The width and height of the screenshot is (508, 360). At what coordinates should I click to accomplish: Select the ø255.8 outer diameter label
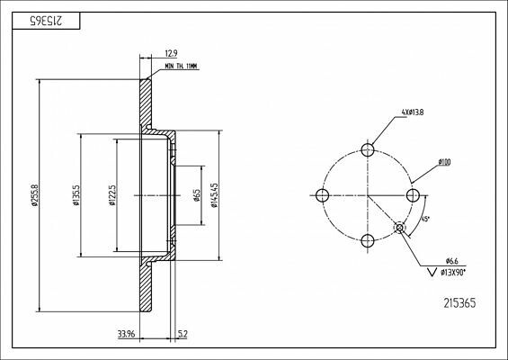click(x=35, y=195)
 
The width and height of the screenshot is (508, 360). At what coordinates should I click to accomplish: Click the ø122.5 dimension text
click(x=111, y=195)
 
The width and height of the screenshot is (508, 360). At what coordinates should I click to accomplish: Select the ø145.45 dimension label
click(x=213, y=195)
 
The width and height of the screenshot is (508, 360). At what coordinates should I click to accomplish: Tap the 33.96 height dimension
click(x=127, y=336)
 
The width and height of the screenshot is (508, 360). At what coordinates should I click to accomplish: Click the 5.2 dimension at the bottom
click(x=183, y=336)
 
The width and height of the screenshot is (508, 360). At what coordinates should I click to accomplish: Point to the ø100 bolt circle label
click(x=444, y=162)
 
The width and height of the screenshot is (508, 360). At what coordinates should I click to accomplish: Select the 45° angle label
click(x=423, y=219)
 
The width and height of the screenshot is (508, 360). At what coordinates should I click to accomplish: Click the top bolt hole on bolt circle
click(x=367, y=150)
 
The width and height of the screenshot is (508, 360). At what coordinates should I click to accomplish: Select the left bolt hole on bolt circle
click(x=322, y=195)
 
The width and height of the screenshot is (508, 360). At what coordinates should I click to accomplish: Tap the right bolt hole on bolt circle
click(x=412, y=195)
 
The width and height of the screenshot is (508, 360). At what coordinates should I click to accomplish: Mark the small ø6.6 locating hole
click(x=399, y=228)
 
